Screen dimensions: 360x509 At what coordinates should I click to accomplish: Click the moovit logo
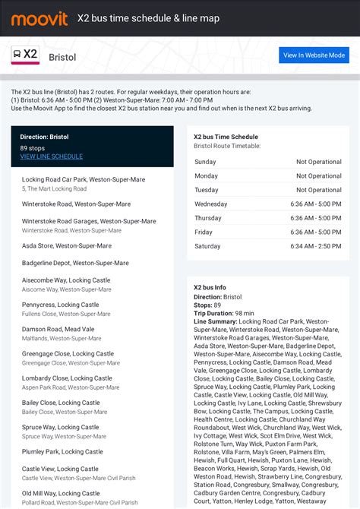click(39, 17)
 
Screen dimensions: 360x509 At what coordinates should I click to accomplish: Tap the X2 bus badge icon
click(25, 55)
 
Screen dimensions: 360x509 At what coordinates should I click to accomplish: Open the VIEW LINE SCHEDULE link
click(51, 156)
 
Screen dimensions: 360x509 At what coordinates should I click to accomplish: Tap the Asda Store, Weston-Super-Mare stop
click(67, 246)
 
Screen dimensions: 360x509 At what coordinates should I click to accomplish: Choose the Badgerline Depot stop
click(75, 263)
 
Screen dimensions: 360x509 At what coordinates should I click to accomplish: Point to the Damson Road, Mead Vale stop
click(58, 329)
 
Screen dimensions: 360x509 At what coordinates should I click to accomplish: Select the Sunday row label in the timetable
click(205, 162)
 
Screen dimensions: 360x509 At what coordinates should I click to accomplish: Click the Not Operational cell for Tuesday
click(318, 190)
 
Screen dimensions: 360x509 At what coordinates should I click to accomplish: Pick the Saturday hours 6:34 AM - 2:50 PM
click(315, 246)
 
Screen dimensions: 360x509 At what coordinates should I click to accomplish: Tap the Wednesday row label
click(210, 204)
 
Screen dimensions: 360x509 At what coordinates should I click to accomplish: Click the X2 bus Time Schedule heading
click(226, 137)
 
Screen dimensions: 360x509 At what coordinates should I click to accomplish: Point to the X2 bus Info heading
click(210, 287)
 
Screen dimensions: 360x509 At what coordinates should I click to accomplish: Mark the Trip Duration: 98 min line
click(224, 313)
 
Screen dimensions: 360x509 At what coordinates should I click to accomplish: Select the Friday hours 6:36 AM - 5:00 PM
click(315, 232)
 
